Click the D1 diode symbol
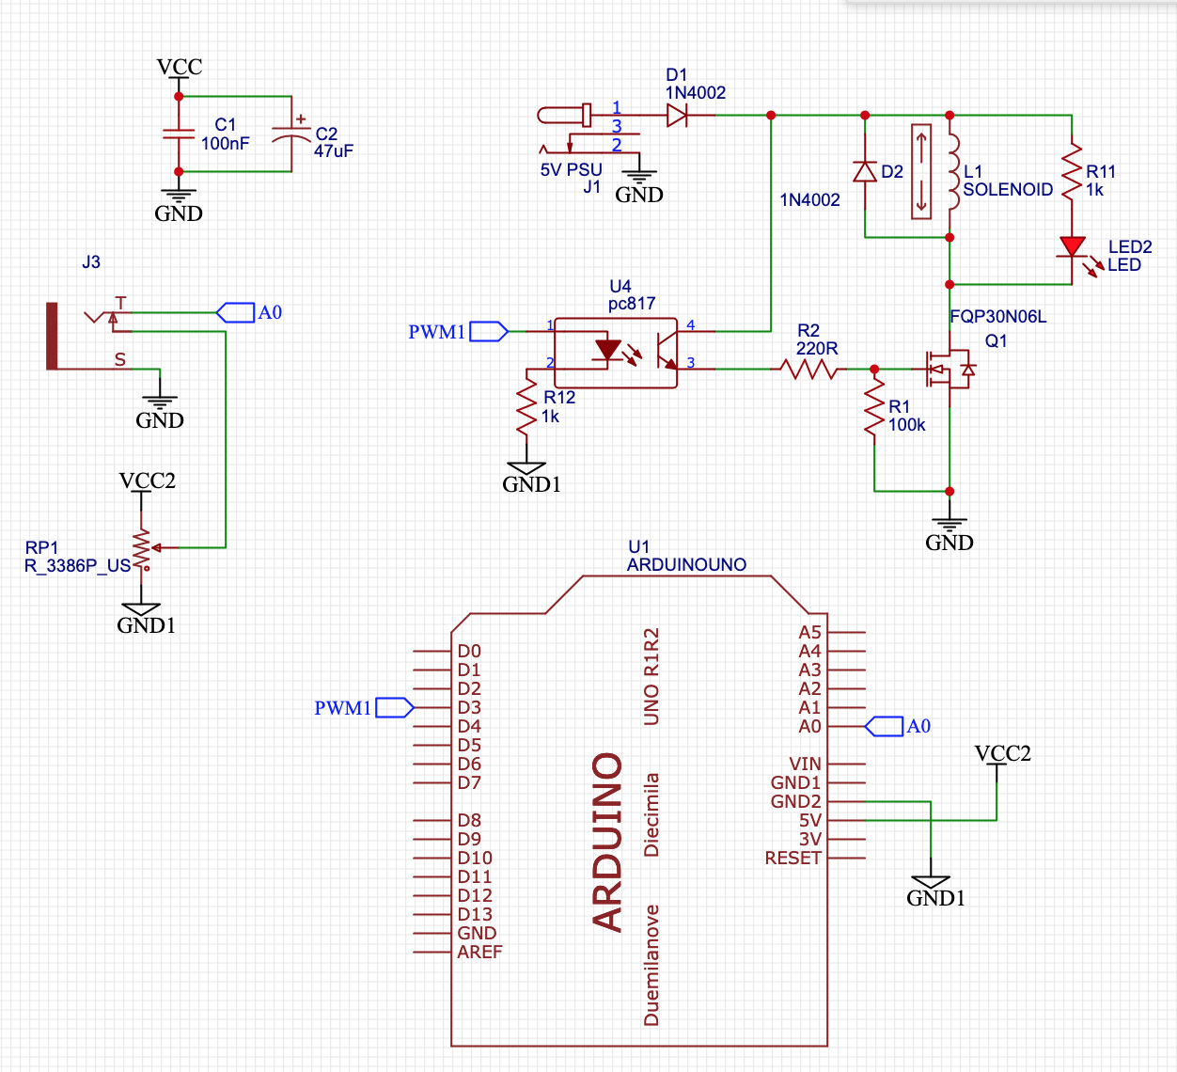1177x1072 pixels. click(x=677, y=115)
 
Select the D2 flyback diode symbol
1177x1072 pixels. click(x=865, y=171)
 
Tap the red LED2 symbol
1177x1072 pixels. click(x=1072, y=247)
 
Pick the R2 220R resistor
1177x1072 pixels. click(x=808, y=370)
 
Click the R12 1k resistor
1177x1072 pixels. click(x=526, y=405)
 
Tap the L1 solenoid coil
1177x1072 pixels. click(x=953, y=171)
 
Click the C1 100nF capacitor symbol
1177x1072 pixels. click(x=179, y=134)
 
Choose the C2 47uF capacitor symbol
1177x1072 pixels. click(x=291, y=134)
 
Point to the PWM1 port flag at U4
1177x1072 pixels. click(x=488, y=332)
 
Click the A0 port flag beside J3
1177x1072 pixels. click(x=235, y=312)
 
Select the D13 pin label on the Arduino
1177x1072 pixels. click(x=475, y=914)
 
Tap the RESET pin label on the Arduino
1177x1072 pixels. click(x=793, y=858)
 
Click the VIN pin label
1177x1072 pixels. click(x=805, y=764)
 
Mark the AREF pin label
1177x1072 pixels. click(x=479, y=952)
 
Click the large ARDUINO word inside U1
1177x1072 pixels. click(x=606, y=842)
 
